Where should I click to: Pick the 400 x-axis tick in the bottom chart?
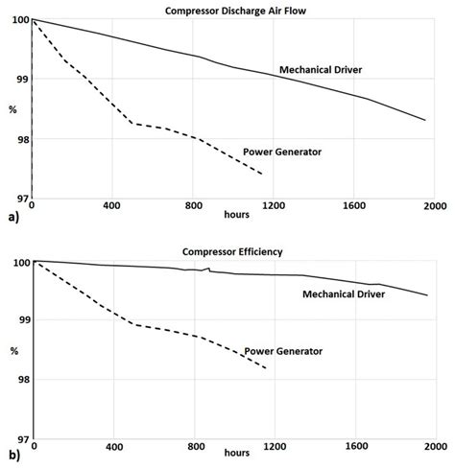pyautogui.click(x=114, y=448)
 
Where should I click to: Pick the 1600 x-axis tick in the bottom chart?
pyautogui.click(x=355, y=448)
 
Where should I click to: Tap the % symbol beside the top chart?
pyautogui.click(x=12, y=108)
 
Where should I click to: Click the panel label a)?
pyautogui.click(x=11, y=220)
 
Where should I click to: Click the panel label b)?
pyautogui.click(x=11, y=459)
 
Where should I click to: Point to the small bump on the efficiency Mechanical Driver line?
pyautogui.click(x=206, y=269)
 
